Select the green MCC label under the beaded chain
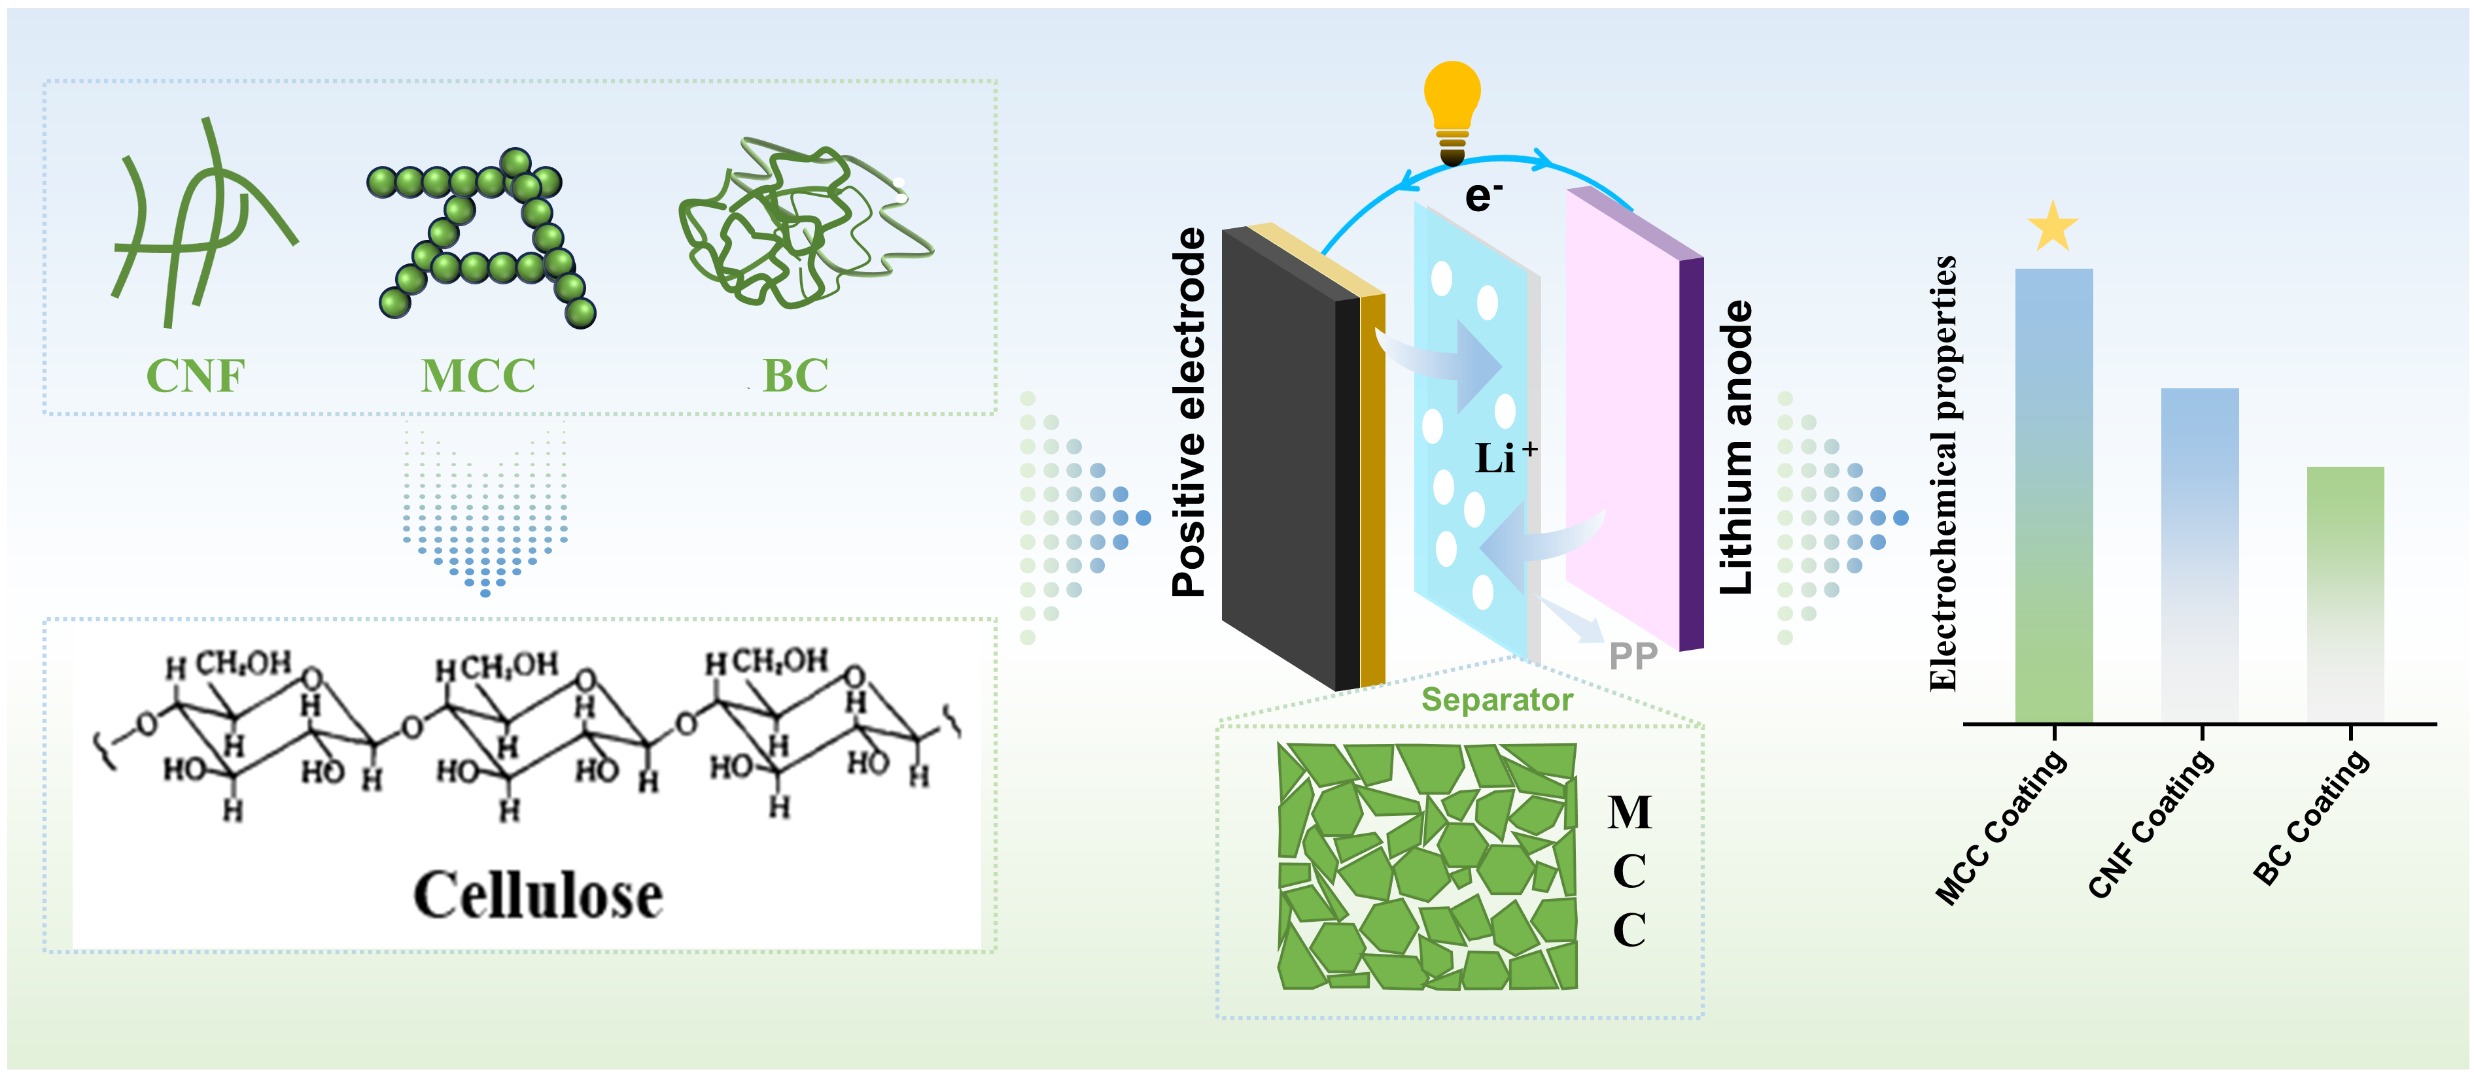pyautogui.click(x=478, y=375)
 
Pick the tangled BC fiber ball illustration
pyautogui.click(x=802, y=226)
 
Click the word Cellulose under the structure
pyautogui.click(x=538, y=895)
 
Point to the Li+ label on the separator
pyautogui.click(x=1504, y=458)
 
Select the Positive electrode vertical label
pyautogui.click(x=1189, y=413)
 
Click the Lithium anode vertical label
pyautogui.click(x=1736, y=447)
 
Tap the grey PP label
pyautogui.click(x=1633, y=656)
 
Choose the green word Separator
pyautogui.click(x=1496, y=700)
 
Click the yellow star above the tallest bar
pyautogui.click(x=2052, y=228)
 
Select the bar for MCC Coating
pyautogui.click(x=2053, y=494)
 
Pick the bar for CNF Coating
pyautogui.click(x=2199, y=555)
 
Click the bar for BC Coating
pyautogui.click(x=2345, y=593)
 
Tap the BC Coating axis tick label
pyautogui.click(x=2310, y=818)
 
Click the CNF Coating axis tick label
pyautogui.click(x=2152, y=824)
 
